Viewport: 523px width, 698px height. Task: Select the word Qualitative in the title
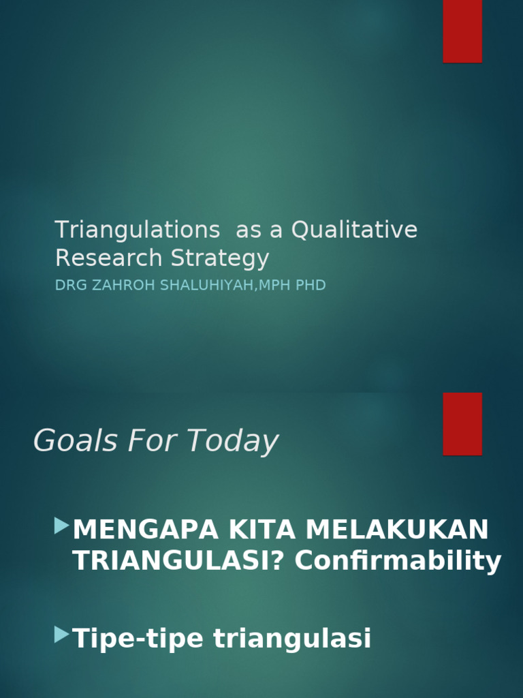(x=354, y=230)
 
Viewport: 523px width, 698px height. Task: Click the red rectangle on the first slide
(x=462, y=31)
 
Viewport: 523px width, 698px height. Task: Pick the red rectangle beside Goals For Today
(x=462, y=423)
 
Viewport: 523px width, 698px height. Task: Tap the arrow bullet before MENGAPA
(x=62, y=526)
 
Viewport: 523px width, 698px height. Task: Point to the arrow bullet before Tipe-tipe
(x=62, y=635)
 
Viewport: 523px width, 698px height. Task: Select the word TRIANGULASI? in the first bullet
(x=178, y=561)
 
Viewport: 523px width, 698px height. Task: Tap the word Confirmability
(x=398, y=561)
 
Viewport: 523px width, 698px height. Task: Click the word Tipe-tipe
(x=138, y=639)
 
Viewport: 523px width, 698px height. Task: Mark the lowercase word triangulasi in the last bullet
(x=292, y=639)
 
